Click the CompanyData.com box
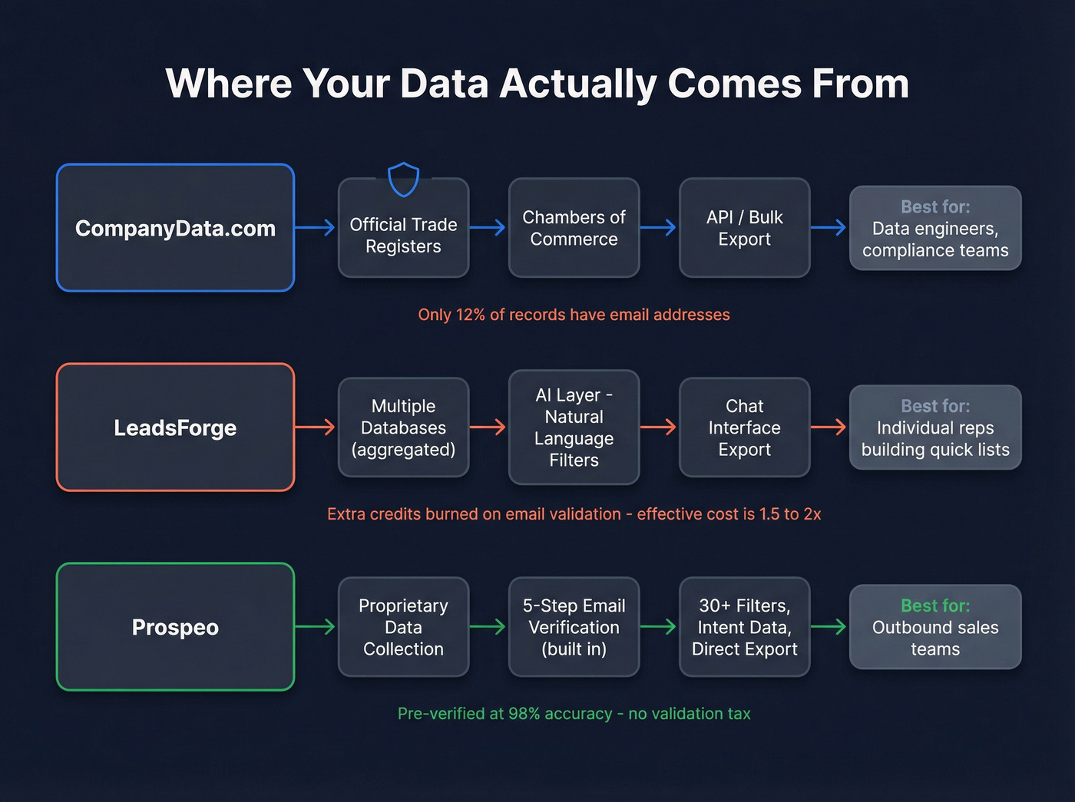pos(175,228)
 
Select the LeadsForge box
pos(175,427)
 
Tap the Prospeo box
pos(175,627)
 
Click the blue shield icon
pos(403,180)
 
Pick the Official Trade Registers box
pos(403,236)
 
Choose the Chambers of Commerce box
pos(574,228)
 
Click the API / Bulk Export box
pos(744,228)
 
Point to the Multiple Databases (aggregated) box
pos(403,427)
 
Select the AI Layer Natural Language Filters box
pos(574,427)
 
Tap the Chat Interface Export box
pos(744,427)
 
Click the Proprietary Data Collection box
pos(403,627)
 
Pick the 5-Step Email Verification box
pos(574,627)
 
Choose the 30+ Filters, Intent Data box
pos(744,627)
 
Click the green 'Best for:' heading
pos(935,606)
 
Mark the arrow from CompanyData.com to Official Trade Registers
pos(316,227)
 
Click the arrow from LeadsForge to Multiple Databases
pos(316,427)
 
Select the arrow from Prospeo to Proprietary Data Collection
pos(316,626)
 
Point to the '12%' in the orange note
pos(471,315)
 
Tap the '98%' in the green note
pos(524,714)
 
